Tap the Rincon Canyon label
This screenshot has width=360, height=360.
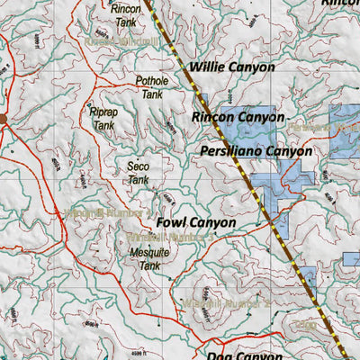238,117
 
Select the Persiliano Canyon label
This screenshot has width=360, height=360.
256,151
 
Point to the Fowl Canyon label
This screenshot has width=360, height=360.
195,221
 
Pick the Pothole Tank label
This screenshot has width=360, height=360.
151,87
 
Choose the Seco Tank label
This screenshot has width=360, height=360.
138,173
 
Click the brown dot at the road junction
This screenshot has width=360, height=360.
3,118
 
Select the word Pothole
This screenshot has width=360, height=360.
151,81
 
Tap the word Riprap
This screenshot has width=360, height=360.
104,113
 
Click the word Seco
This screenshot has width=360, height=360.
138,166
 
